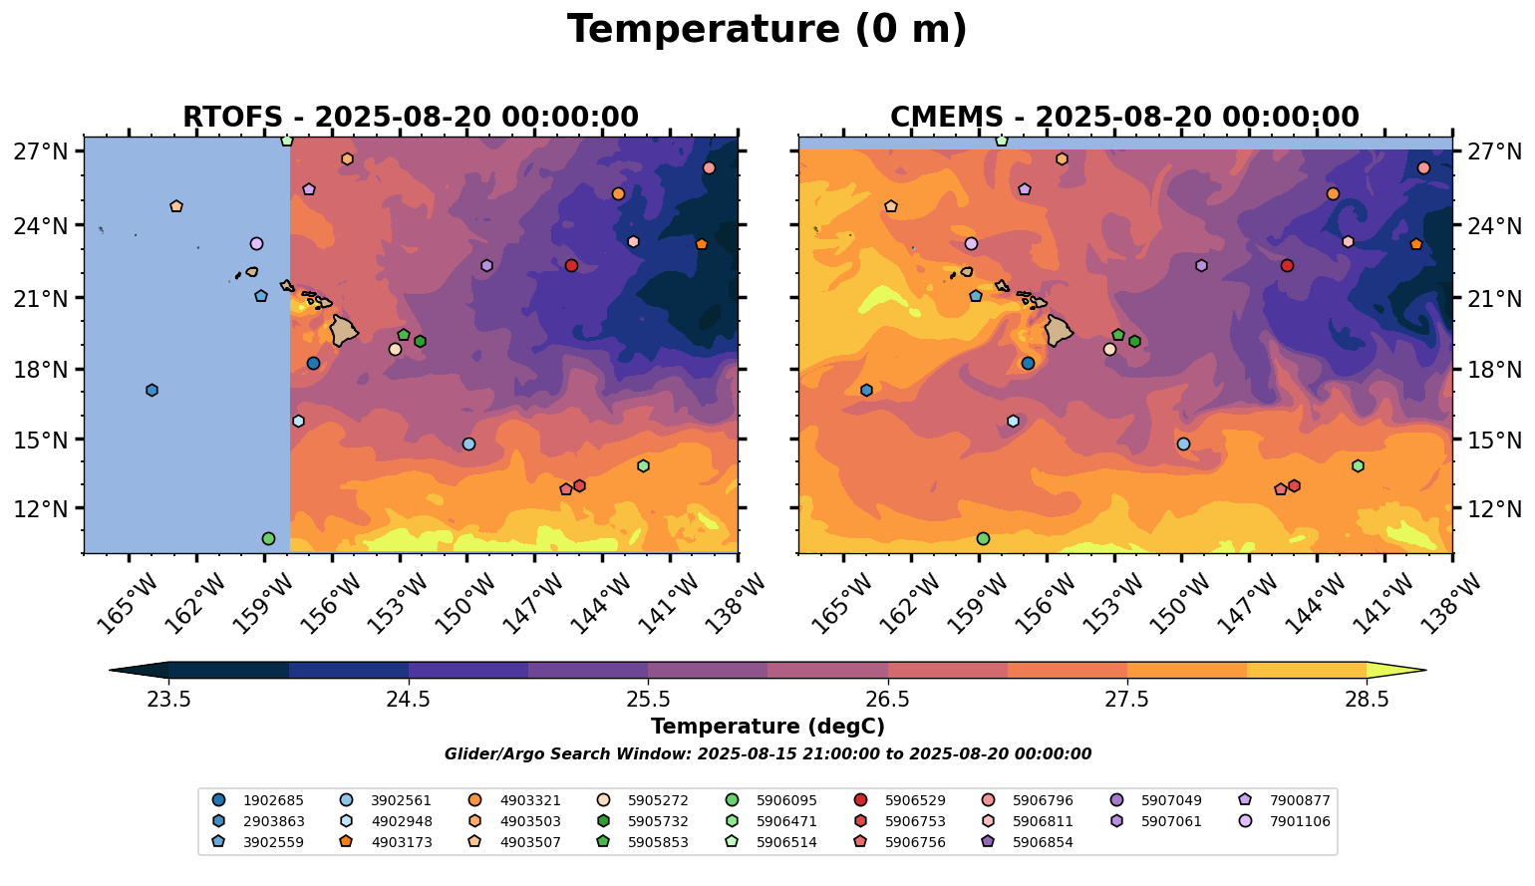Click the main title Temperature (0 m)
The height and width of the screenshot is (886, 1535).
(x=767, y=30)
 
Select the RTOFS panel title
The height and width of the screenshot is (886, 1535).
(x=410, y=118)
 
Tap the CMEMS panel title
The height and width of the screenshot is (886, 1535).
(x=1124, y=118)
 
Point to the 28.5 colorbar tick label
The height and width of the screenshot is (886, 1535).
(x=1367, y=700)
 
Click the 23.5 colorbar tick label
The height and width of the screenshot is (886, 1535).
(x=168, y=700)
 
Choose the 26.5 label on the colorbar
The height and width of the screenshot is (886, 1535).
(x=887, y=700)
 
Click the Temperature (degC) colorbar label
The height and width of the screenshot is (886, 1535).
(x=767, y=727)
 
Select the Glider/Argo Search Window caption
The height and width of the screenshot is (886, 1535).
(x=767, y=754)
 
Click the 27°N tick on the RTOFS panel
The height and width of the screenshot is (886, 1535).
(x=41, y=151)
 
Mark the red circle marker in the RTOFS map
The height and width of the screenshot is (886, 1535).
(x=571, y=265)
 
